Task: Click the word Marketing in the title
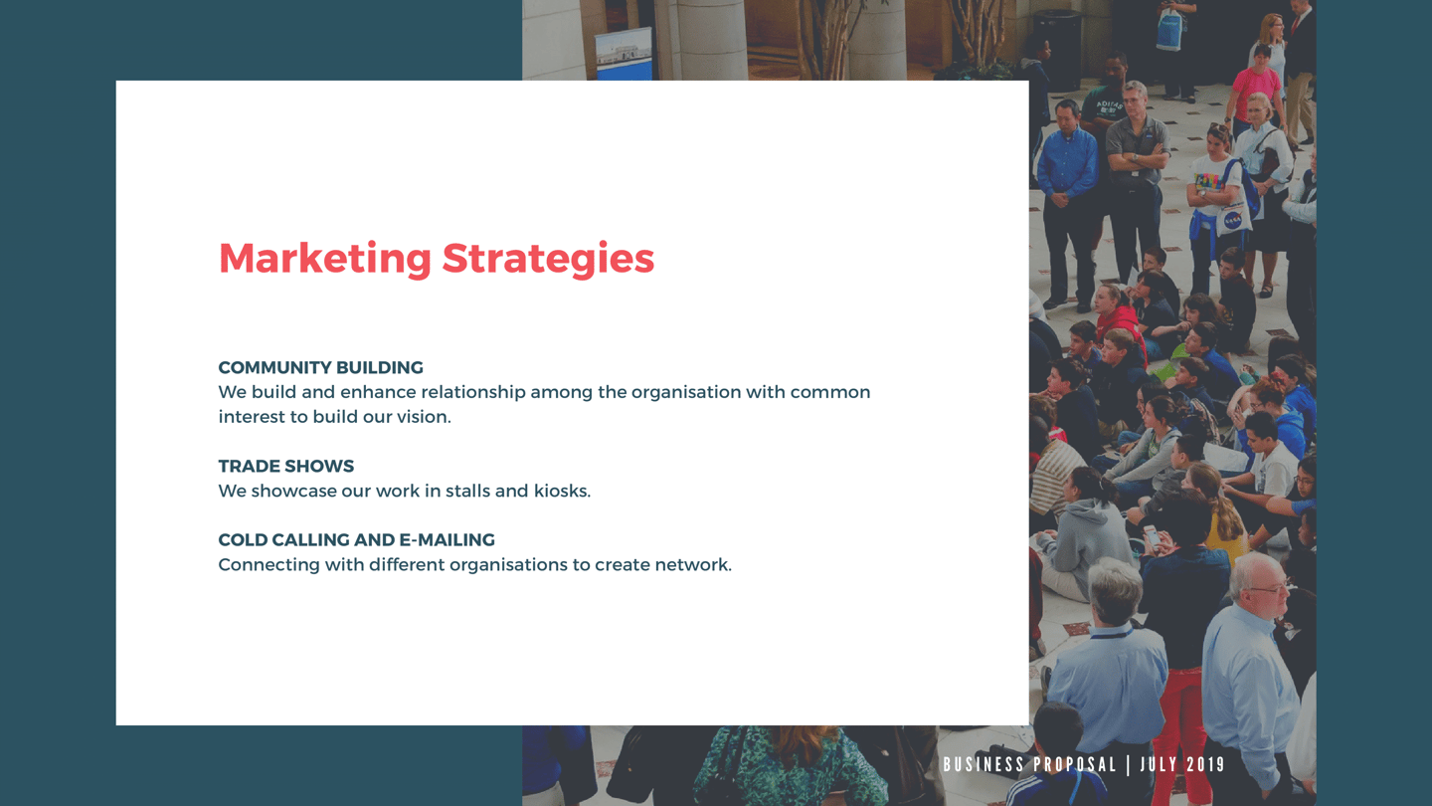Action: [325, 259]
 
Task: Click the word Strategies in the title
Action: [549, 259]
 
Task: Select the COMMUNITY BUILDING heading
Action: [321, 368]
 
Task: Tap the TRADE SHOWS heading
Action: [285, 467]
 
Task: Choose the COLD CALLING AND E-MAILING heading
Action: [357, 540]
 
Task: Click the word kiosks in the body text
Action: [563, 491]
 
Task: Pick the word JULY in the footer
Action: [1159, 764]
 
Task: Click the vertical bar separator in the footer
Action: [1129, 764]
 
